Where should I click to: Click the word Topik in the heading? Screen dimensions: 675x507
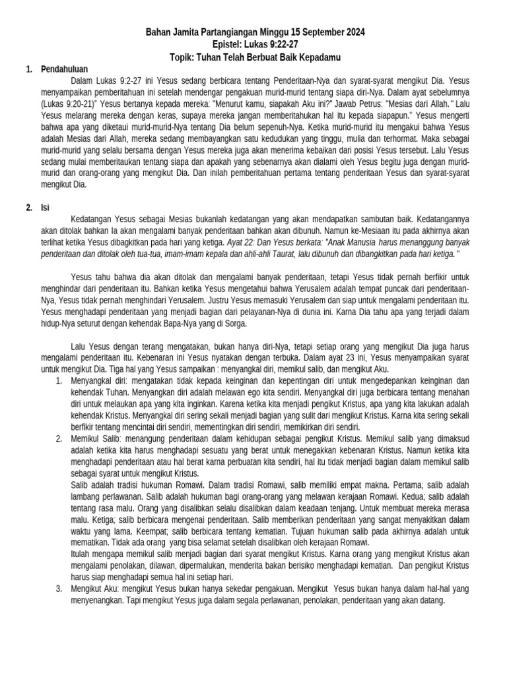181,57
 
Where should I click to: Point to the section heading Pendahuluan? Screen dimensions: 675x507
64,69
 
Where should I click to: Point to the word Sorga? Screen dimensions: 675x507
232,324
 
